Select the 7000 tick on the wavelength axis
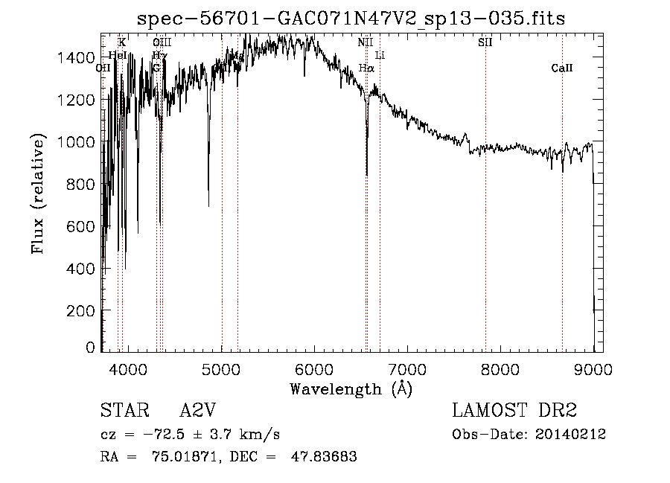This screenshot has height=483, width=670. pos(407,368)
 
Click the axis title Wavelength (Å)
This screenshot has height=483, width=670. pos(351,388)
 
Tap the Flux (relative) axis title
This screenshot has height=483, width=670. pos(38,194)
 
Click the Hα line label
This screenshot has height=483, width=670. pos(366,68)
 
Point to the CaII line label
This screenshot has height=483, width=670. pos(562,68)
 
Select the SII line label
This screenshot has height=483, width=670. pos(485,42)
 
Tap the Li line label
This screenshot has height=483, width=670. pos(380,55)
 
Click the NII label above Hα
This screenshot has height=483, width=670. pos(365,42)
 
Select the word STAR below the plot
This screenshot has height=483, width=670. pos(121,411)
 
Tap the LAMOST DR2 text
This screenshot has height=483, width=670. pos(514,411)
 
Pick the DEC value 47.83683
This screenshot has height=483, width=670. pos(326,457)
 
